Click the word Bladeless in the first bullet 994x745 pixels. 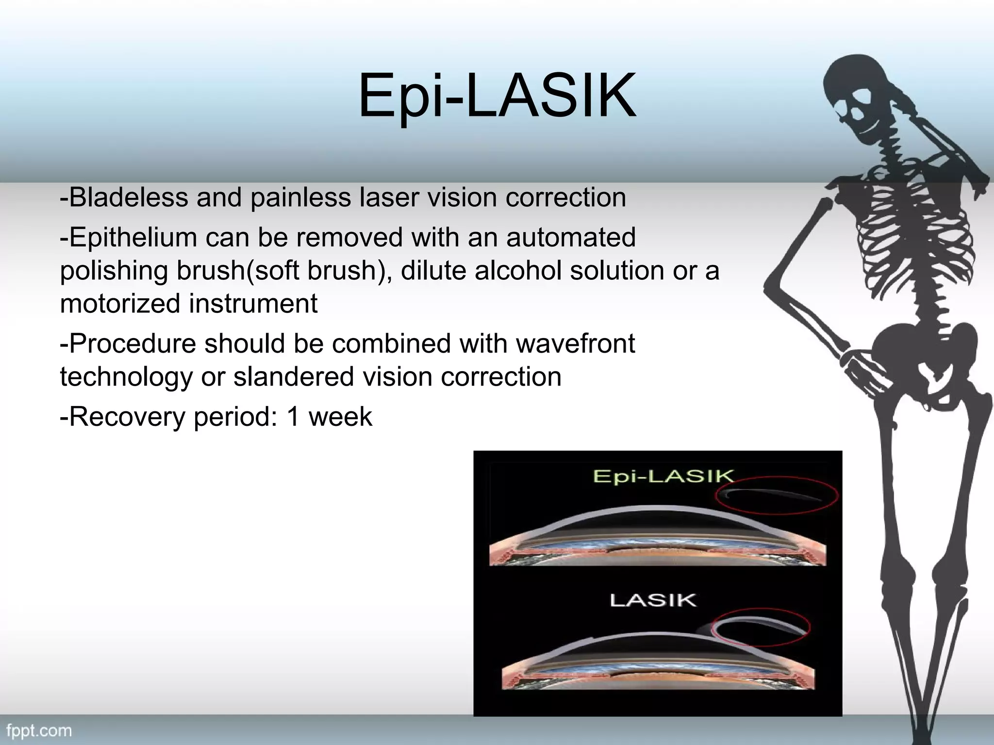tap(129, 197)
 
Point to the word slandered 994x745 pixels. tap(293, 377)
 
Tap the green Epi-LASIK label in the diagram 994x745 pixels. tap(663, 477)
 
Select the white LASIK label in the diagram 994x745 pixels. tap(653, 600)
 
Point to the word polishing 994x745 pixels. tap(114, 271)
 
